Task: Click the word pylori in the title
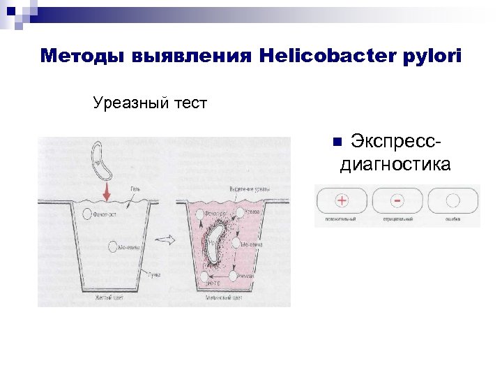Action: click(x=429, y=56)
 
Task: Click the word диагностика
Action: click(x=395, y=165)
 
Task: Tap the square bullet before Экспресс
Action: click(x=337, y=142)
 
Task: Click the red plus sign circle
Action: click(x=342, y=200)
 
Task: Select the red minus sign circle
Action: click(x=397, y=201)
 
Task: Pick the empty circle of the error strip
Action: click(x=452, y=201)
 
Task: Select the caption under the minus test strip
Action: click(x=396, y=219)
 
